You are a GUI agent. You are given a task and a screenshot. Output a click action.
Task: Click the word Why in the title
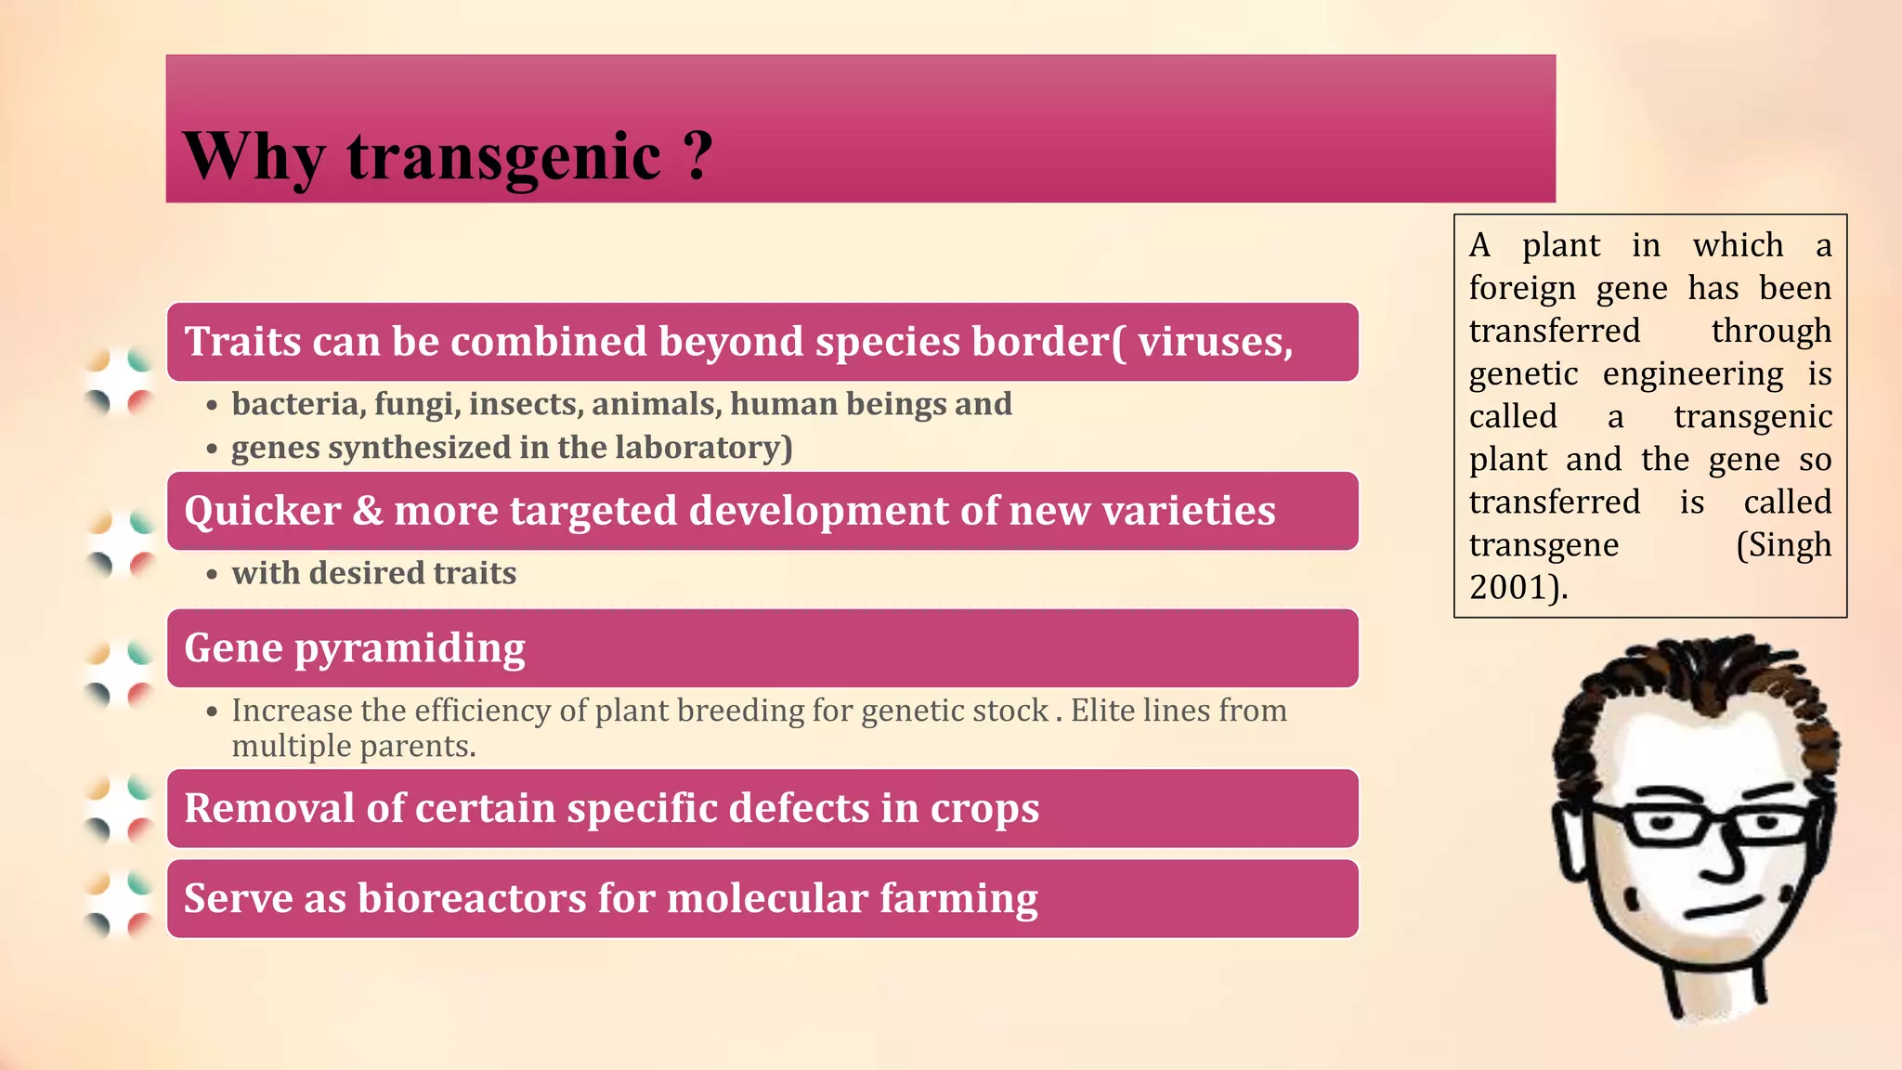[254, 156]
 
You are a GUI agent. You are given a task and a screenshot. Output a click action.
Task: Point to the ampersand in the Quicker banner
[368, 511]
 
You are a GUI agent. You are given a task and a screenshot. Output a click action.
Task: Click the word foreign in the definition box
[1522, 289]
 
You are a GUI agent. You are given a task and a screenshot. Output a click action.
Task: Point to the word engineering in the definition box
[1692, 374]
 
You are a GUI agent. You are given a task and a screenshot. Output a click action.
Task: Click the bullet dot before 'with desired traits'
[213, 575]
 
